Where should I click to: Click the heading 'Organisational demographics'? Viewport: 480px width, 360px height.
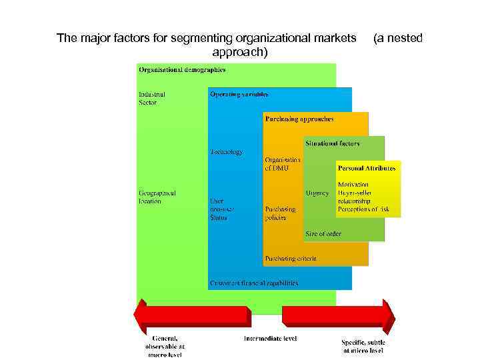pyautogui.click(x=181, y=69)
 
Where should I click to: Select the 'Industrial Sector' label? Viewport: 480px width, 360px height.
pyautogui.click(x=151, y=99)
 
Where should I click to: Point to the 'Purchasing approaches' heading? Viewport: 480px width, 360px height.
pyautogui.click(x=299, y=119)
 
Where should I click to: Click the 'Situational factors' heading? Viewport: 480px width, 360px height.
pyautogui.click(x=332, y=143)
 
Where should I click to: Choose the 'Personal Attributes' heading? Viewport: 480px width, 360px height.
pyautogui.click(x=366, y=168)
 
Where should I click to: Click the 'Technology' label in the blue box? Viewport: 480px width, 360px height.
pyautogui.click(x=226, y=152)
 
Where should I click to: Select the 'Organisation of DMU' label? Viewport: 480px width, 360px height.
pyautogui.click(x=282, y=164)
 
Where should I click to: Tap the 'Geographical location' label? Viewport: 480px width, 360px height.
pyautogui.click(x=158, y=197)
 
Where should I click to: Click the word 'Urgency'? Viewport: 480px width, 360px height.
pyautogui.click(x=317, y=193)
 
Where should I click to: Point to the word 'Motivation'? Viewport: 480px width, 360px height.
pyautogui.click(x=353, y=184)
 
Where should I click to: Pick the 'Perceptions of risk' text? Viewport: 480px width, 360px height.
pyautogui.click(x=368, y=209)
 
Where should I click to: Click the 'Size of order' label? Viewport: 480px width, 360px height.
pyautogui.click(x=323, y=233)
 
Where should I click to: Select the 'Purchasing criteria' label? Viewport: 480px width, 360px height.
pyautogui.click(x=291, y=258)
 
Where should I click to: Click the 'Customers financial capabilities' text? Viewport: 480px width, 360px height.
pyautogui.click(x=254, y=283)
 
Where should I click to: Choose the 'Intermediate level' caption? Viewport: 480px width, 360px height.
pyautogui.click(x=270, y=339)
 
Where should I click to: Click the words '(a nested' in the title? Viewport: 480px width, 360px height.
pyautogui.click(x=398, y=38)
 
